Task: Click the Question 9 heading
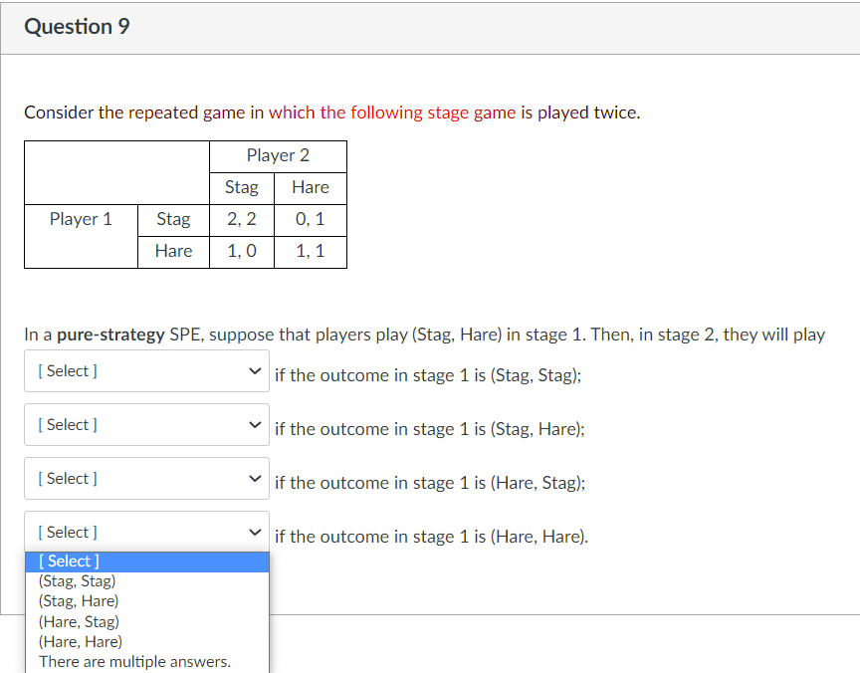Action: coord(77,27)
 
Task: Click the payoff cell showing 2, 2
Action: coord(242,219)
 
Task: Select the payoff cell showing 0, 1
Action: coord(311,219)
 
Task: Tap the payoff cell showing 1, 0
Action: coord(242,251)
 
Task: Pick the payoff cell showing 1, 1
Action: coord(311,251)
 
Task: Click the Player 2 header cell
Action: coord(278,155)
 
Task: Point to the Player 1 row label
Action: coord(81,219)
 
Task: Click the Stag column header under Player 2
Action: coord(242,187)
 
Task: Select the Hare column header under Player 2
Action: coord(311,187)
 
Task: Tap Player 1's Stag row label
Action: coord(173,219)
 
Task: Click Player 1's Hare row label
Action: coord(173,251)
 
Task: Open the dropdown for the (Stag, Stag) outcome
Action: coord(146,371)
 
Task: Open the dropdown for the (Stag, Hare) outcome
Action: coord(146,425)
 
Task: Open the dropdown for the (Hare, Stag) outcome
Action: coord(146,479)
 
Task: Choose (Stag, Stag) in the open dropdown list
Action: coord(77,581)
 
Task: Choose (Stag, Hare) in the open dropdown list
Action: coord(78,601)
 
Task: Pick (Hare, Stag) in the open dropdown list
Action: coord(78,622)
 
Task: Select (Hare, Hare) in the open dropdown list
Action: coord(80,642)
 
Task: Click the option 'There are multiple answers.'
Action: coord(134,662)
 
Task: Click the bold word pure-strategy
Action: coord(110,335)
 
